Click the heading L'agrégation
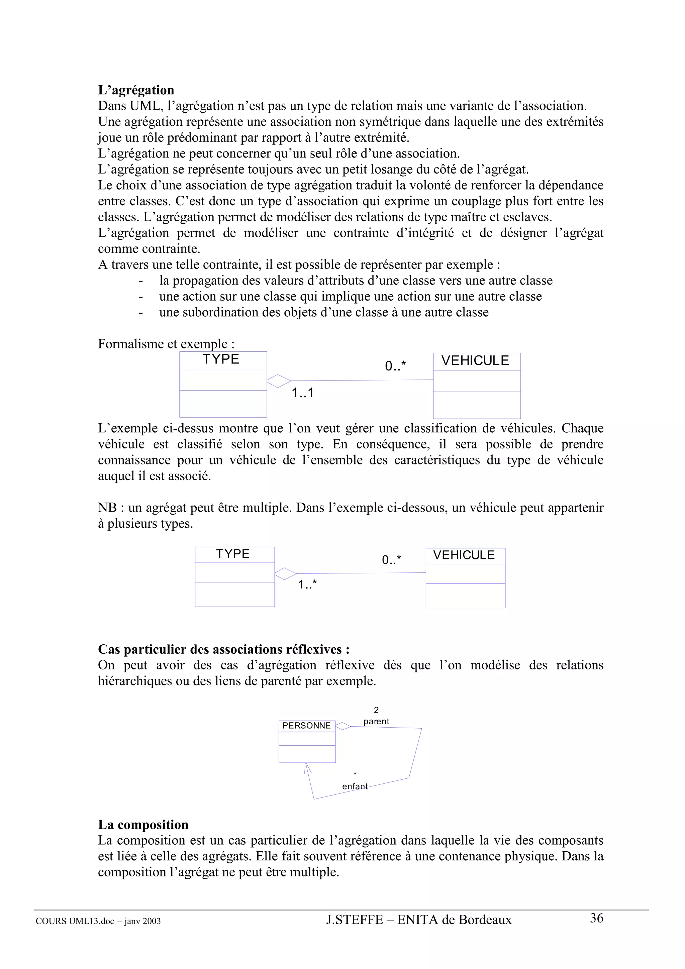pyautogui.click(x=136, y=90)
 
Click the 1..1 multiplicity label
pyautogui.click(x=303, y=393)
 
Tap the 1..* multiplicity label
pyautogui.click(x=307, y=584)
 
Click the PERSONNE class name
pyautogui.click(x=306, y=726)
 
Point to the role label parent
pyautogui.click(x=376, y=721)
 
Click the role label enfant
pyautogui.click(x=355, y=786)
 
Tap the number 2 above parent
pyautogui.click(x=376, y=710)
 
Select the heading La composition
pyautogui.click(x=143, y=824)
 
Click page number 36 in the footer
pyautogui.click(x=596, y=918)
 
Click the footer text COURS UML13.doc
pyautogui.click(x=75, y=921)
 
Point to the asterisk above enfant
pyautogui.click(x=355, y=774)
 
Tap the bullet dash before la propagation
pyautogui.click(x=141, y=281)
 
